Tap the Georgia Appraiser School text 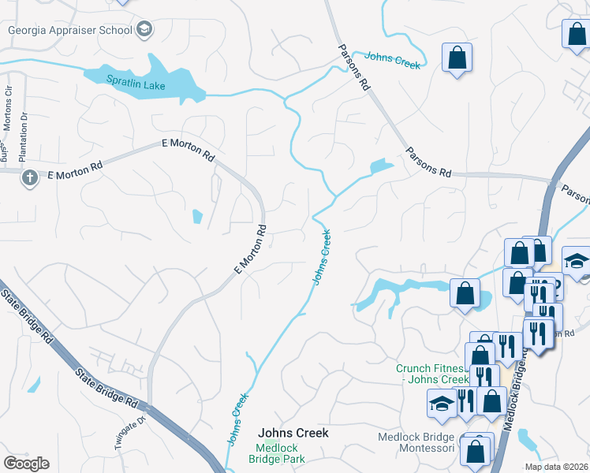(x=69, y=31)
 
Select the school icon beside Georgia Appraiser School (x=144, y=31)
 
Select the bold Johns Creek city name (x=293, y=433)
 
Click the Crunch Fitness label (x=431, y=374)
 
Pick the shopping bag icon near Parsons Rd (x=457, y=58)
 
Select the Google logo (x=26, y=464)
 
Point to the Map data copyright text (x=557, y=467)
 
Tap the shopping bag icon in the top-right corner (x=576, y=34)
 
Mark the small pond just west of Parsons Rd (x=381, y=166)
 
